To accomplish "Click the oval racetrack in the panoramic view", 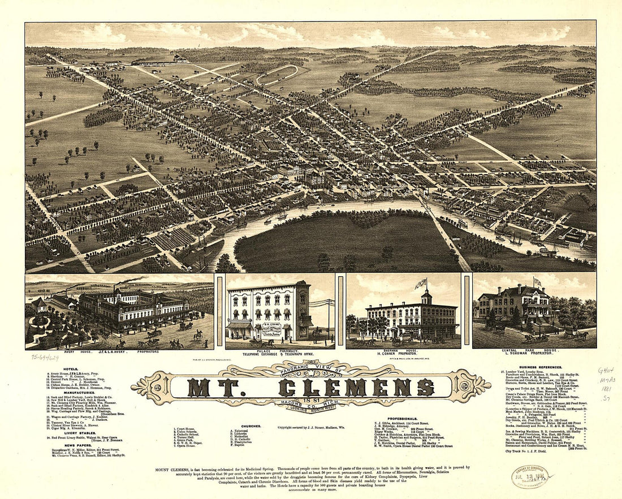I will (x=278, y=75).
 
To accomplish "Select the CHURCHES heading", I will (x=250, y=426).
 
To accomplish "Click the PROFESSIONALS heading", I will (x=402, y=419).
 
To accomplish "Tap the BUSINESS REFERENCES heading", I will (x=543, y=367).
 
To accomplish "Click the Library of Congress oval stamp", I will (x=530, y=476).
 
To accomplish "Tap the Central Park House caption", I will (x=534, y=352).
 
